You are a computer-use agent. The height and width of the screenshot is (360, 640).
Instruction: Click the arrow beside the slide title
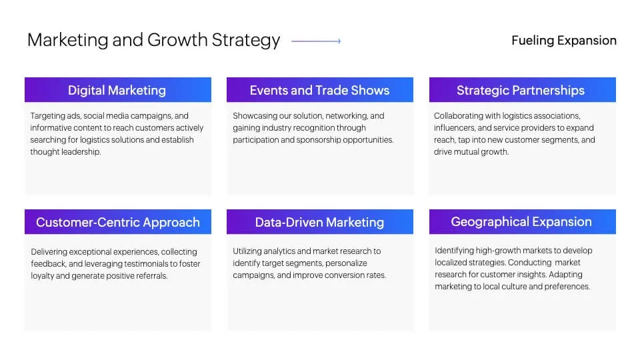tap(316, 41)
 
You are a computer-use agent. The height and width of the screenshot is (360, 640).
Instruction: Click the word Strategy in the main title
tap(246, 41)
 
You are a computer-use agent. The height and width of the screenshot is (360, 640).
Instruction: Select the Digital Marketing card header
tap(118, 90)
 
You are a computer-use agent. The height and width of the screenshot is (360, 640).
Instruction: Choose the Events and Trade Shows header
tap(320, 90)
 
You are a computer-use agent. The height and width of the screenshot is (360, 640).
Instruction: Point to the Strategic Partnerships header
tap(523, 90)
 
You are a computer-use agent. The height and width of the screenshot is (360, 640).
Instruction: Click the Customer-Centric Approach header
tap(118, 221)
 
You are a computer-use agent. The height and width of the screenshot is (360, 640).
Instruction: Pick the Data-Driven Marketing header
tap(320, 221)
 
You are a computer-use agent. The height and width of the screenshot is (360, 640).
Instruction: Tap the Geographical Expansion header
tap(523, 221)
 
